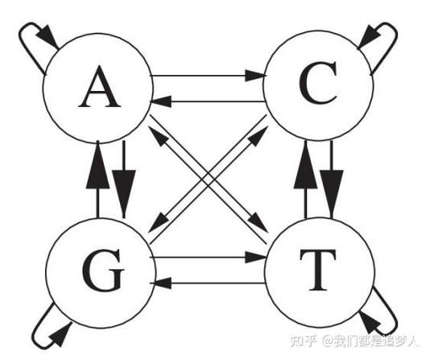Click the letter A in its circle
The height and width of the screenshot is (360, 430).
click(99, 87)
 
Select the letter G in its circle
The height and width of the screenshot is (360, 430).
click(103, 270)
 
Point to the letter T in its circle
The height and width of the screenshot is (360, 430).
click(318, 270)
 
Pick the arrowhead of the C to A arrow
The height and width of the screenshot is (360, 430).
click(160, 101)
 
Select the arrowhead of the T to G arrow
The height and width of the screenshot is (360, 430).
click(160, 283)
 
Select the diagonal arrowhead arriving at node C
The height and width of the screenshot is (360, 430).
click(258, 137)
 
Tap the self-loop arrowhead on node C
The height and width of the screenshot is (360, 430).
click(369, 36)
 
